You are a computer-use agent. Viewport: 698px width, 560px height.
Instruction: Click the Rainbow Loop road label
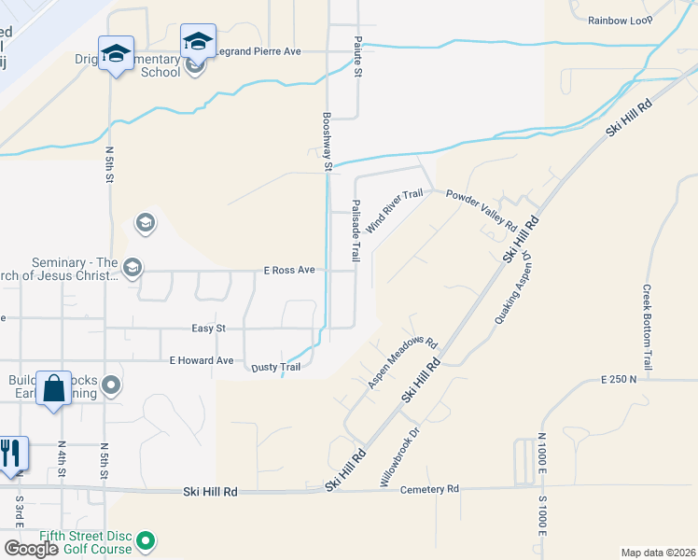coord(621,20)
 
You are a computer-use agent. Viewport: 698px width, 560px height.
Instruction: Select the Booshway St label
coord(328,142)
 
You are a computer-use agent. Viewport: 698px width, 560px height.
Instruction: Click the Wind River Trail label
coord(395,211)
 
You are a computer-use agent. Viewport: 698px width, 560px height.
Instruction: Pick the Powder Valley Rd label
coord(481,211)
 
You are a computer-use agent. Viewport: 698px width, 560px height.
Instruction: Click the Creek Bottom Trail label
coord(646,326)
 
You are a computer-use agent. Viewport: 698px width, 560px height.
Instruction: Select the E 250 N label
coord(620,380)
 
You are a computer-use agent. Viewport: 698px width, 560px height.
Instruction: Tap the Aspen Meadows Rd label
coord(402,362)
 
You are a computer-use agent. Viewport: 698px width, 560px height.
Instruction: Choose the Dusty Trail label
coord(276,368)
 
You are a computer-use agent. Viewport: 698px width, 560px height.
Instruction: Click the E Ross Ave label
coord(288,271)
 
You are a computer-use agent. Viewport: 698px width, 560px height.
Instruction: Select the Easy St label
coord(208,328)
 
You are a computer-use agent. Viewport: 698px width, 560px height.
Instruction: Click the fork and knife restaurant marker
coord(9,455)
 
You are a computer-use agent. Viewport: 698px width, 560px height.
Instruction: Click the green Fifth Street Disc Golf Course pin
coord(145,539)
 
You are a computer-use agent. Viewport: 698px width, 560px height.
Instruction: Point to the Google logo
coord(32,548)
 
